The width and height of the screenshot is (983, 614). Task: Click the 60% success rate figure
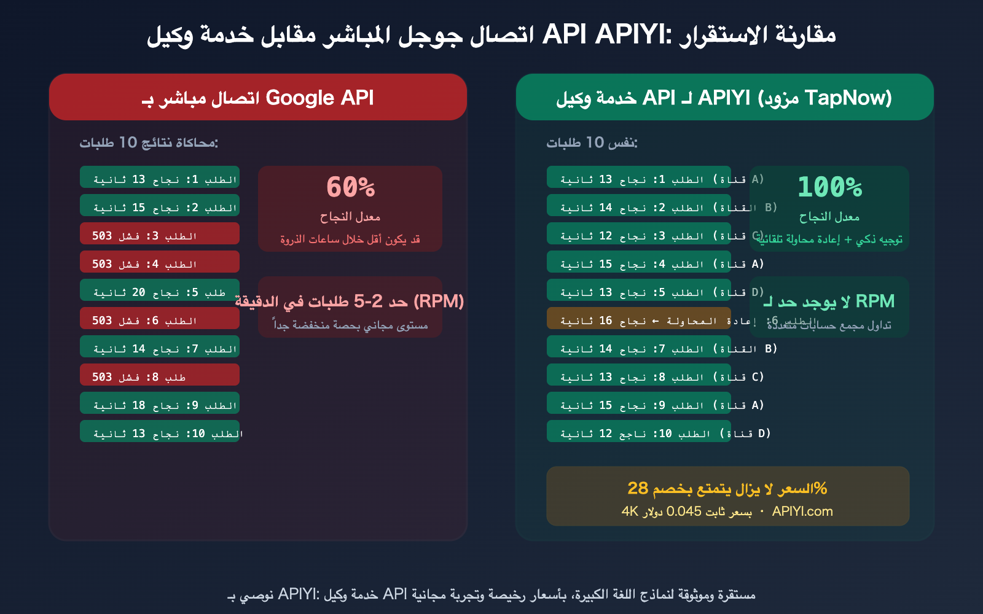pyautogui.click(x=350, y=187)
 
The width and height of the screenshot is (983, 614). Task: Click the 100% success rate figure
pyautogui.click(x=829, y=187)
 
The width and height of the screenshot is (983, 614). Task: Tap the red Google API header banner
pyautogui.click(x=258, y=98)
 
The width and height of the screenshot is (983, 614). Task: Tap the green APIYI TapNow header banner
pyautogui.click(x=724, y=98)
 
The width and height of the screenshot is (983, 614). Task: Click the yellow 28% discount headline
pyautogui.click(x=727, y=489)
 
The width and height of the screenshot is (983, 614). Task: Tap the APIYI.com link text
pyautogui.click(x=802, y=511)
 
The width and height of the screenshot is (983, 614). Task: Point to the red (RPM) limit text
pyautogui.click(x=350, y=301)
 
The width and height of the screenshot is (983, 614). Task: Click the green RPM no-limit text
pyautogui.click(x=829, y=301)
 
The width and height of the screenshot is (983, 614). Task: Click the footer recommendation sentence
pyautogui.click(x=491, y=594)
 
